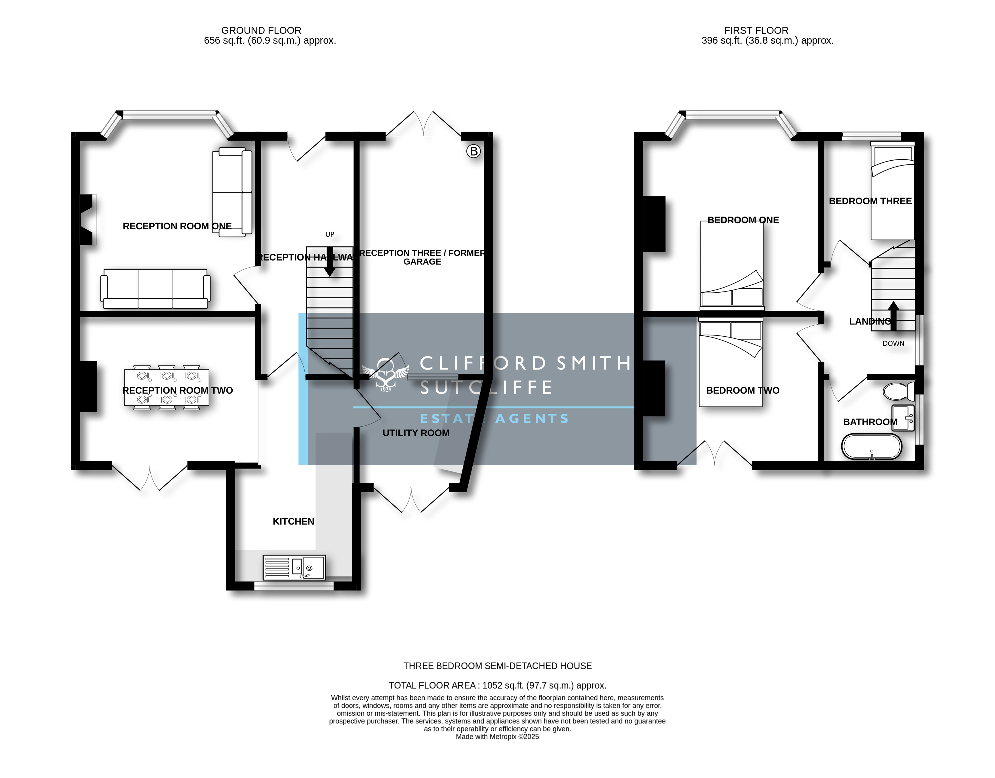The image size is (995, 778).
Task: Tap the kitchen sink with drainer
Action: (294, 567)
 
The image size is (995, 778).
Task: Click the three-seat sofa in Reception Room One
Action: (155, 288)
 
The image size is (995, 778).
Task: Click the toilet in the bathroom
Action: (899, 391)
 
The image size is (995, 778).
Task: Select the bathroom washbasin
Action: (903, 418)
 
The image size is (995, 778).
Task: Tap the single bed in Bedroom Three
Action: (893, 190)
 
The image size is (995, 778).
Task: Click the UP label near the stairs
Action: (330, 234)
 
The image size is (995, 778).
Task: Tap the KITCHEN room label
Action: (293, 521)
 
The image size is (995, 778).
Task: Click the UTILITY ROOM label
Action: (416, 433)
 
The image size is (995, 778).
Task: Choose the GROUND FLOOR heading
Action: (262, 31)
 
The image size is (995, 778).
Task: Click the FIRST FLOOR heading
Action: (756, 31)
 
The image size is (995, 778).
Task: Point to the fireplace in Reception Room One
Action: (87, 220)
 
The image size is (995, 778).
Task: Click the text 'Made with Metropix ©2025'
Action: (498, 737)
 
